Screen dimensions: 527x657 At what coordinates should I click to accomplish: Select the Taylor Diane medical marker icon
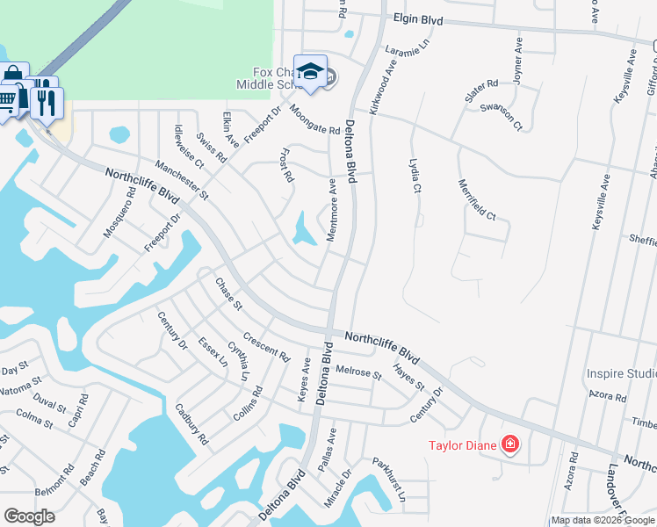click(x=509, y=444)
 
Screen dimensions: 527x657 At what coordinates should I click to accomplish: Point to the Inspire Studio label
click(x=620, y=374)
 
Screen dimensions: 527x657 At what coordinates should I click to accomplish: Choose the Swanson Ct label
click(x=502, y=118)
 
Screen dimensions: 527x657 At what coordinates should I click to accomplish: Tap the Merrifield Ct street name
click(x=478, y=199)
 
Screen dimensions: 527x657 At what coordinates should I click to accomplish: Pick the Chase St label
click(x=228, y=293)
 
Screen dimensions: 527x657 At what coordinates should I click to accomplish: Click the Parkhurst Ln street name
click(x=387, y=479)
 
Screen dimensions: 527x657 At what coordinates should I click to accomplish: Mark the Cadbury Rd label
click(x=191, y=424)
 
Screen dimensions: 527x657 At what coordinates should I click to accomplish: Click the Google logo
click(x=29, y=516)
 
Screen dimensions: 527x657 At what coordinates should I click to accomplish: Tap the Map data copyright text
click(x=603, y=520)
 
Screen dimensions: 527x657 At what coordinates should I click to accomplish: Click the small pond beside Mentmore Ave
click(x=305, y=230)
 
